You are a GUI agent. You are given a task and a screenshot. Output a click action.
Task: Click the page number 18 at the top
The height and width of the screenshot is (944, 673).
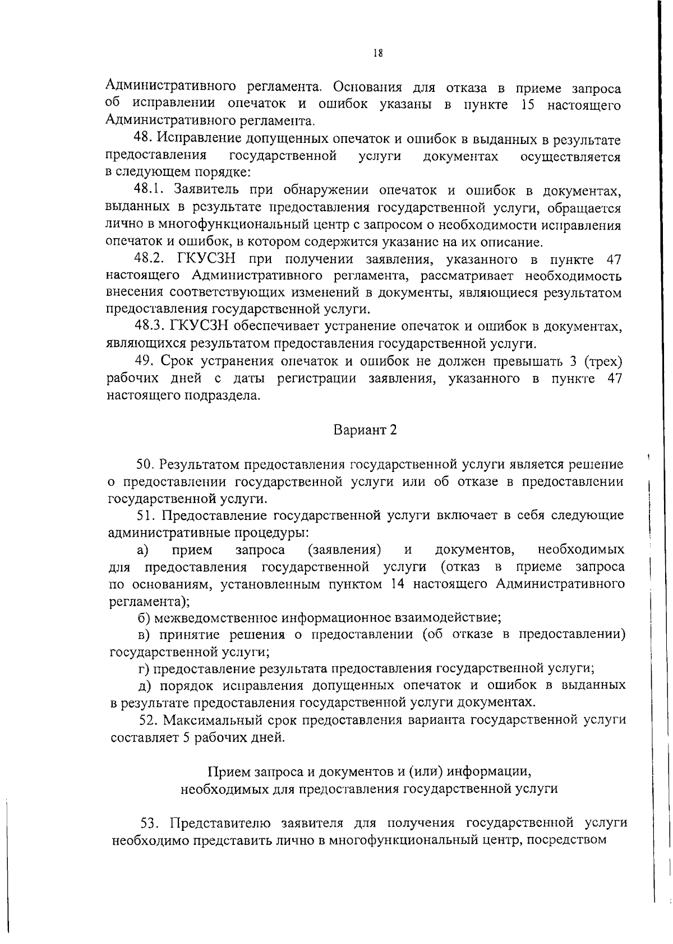(x=377, y=54)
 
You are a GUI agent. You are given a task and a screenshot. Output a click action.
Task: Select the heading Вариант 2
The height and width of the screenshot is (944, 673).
(x=365, y=430)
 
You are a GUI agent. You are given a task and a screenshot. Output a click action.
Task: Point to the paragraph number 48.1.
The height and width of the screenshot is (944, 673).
(x=149, y=191)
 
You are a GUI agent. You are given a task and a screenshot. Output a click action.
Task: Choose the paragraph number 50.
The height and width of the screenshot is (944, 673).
(x=145, y=464)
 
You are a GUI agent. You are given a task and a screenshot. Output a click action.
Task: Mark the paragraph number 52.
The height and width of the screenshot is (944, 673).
(x=148, y=719)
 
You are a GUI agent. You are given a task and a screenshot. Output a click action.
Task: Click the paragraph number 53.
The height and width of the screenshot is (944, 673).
(x=151, y=823)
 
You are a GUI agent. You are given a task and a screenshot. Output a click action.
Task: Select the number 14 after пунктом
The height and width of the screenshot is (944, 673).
(x=397, y=584)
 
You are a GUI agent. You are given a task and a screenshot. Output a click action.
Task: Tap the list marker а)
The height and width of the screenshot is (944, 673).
(x=142, y=550)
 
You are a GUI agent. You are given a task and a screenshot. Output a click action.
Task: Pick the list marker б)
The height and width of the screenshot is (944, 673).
(x=144, y=618)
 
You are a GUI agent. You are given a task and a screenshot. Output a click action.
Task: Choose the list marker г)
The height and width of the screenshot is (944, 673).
(x=143, y=668)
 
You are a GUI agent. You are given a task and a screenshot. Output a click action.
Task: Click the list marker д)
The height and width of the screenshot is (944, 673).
(x=144, y=685)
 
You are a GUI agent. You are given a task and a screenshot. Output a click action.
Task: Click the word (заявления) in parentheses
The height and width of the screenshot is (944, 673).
(x=345, y=550)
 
